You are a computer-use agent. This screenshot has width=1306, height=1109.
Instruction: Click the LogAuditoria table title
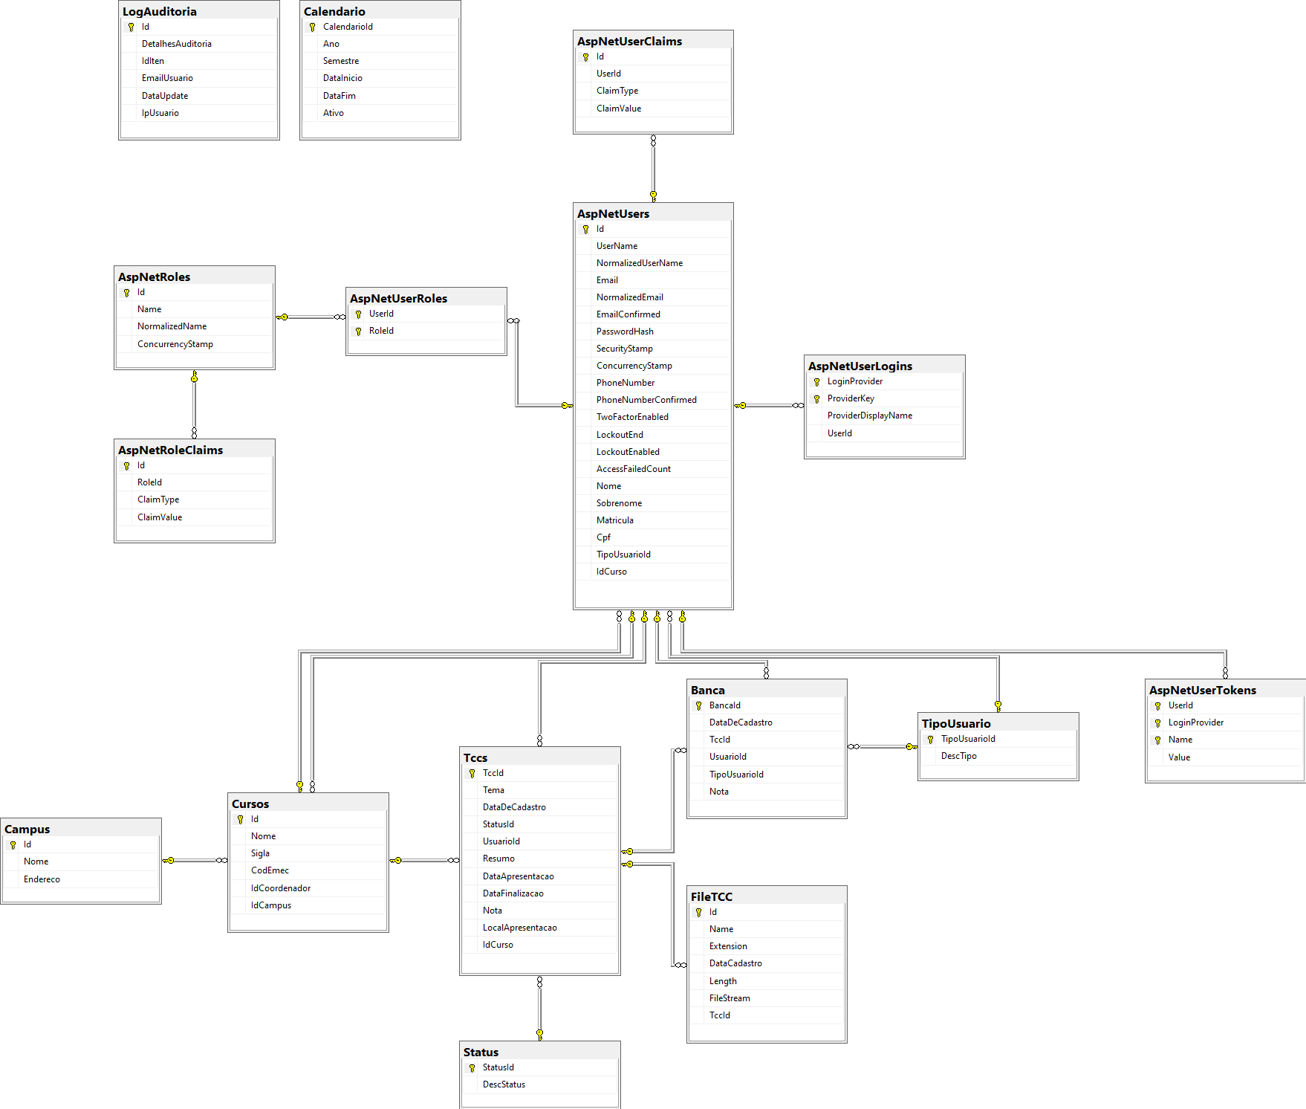pyautogui.click(x=160, y=11)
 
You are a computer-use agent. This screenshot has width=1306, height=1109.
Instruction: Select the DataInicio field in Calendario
pyautogui.click(x=342, y=78)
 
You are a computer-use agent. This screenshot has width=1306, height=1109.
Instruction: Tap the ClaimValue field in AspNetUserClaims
pyautogui.click(x=618, y=109)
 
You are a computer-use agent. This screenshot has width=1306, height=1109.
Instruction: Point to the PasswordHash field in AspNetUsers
pyautogui.click(x=625, y=332)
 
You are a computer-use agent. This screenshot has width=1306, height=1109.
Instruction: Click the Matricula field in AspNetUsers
pyautogui.click(x=614, y=520)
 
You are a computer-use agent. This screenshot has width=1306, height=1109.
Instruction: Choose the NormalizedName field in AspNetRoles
pyautogui.click(x=172, y=326)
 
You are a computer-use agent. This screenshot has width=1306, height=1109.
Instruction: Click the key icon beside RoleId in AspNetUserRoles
pyautogui.click(x=358, y=332)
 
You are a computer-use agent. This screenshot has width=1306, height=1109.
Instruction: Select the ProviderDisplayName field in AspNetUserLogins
pyautogui.click(x=869, y=416)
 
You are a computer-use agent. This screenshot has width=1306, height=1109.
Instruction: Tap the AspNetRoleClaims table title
pyautogui.click(x=170, y=450)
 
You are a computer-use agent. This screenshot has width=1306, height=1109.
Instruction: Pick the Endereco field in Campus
pyautogui.click(x=42, y=879)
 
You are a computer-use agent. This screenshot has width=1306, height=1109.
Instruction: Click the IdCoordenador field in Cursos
pyautogui.click(x=280, y=888)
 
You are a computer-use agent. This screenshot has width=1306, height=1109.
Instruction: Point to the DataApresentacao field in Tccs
pyautogui.click(x=518, y=876)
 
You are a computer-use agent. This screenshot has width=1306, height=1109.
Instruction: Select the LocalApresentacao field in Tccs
pyautogui.click(x=519, y=928)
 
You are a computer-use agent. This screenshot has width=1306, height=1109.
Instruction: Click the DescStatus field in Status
pyautogui.click(x=504, y=1084)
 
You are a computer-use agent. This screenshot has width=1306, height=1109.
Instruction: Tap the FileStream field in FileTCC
pyautogui.click(x=729, y=998)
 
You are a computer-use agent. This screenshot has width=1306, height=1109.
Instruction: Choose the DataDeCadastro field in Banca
pyautogui.click(x=740, y=722)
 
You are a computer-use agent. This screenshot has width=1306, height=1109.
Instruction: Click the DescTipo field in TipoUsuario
pyautogui.click(x=958, y=756)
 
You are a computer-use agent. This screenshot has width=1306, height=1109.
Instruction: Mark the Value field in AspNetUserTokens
pyautogui.click(x=1179, y=757)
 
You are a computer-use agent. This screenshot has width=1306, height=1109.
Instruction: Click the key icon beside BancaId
pyautogui.click(x=698, y=706)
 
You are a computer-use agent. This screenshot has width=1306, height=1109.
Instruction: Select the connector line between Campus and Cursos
pyautogui.click(x=195, y=860)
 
